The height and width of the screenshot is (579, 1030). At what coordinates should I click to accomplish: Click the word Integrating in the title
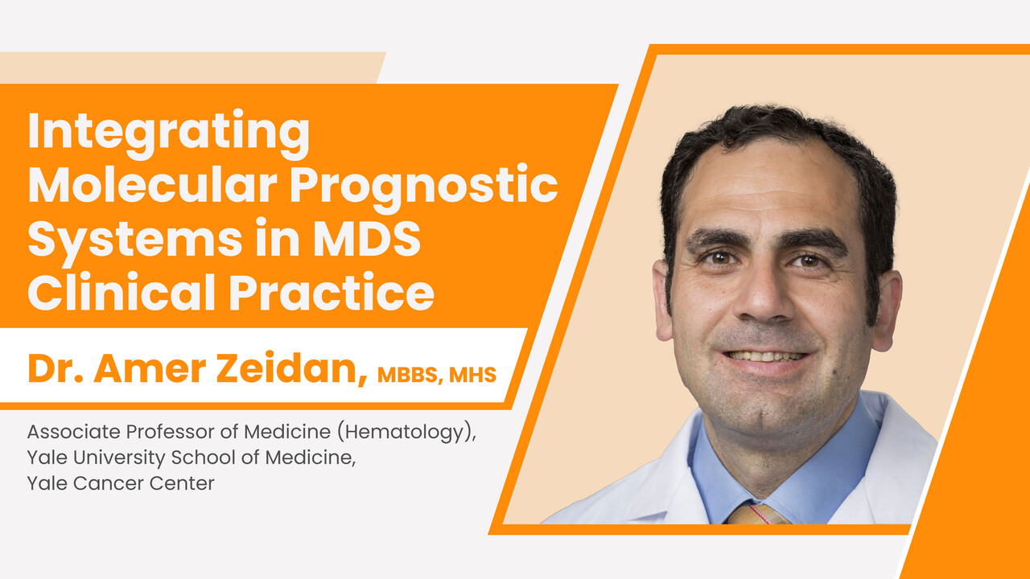pyautogui.click(x=169, y=133)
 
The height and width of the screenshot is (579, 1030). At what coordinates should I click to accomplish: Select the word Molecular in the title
pyautogui.click(x=152, y=185)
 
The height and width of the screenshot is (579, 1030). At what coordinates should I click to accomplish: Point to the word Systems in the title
pyautogui.click(x=134, y=240)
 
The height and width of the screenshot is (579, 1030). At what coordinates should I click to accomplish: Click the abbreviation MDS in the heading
pyautogui.click(x=367, y=239)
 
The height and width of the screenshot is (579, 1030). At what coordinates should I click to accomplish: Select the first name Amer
pyautogui.click(x=150, y=368)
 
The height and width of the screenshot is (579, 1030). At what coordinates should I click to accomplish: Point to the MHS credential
pyautogui.click(x=472, y=375)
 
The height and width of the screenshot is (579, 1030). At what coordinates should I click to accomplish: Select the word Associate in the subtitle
pyautogui.click(x=74, y=432)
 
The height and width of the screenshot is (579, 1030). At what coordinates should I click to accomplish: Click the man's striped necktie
pyautogui.click(x=758, y=515)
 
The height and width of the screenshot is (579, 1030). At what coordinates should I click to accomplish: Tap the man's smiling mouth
pyautogui.click(x=764, y=359)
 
